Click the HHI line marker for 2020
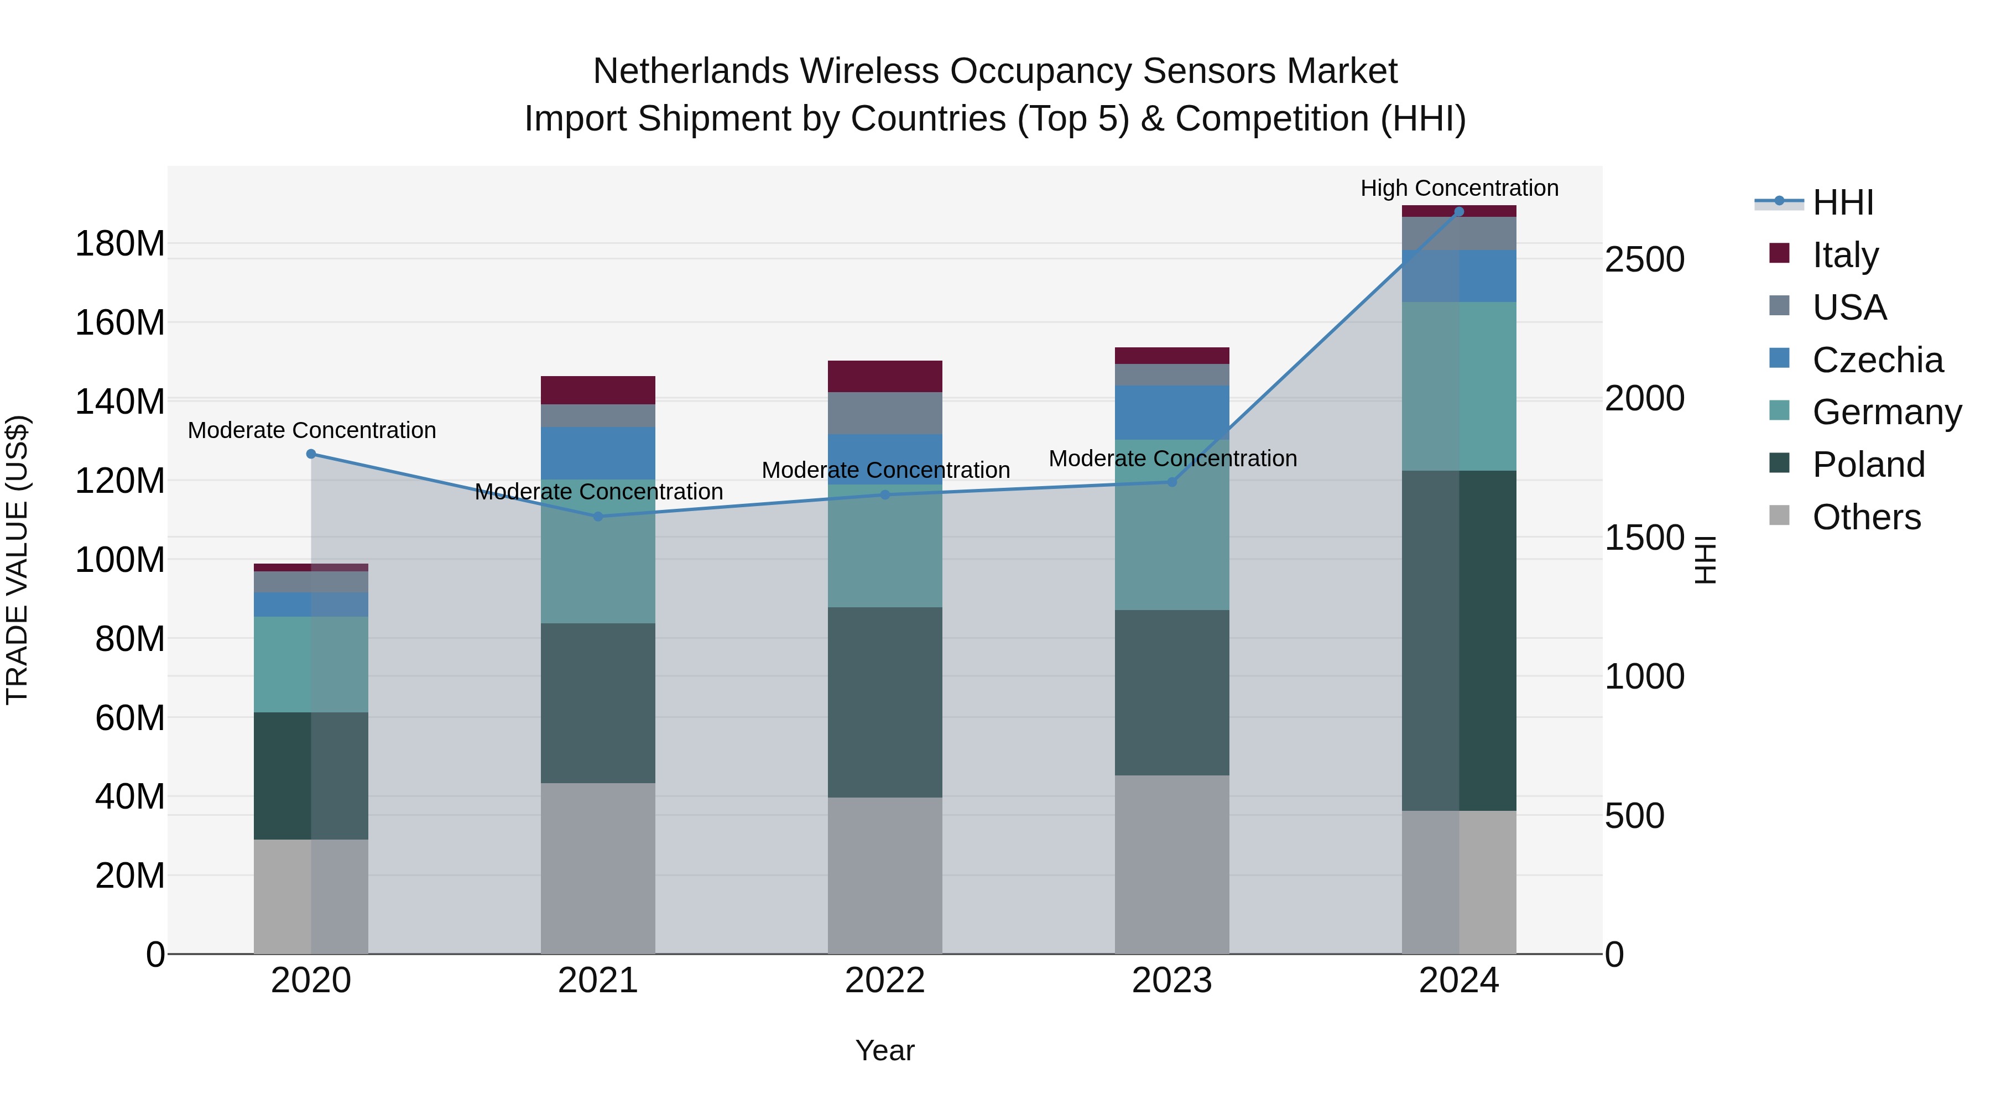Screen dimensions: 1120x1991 click(311, 454)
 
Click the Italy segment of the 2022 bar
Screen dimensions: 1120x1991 click(884, 377)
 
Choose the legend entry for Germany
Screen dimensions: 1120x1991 click(1886, 412)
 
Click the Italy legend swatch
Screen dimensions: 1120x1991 click(1779, 253)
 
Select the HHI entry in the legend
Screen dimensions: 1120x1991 click(1843, 202)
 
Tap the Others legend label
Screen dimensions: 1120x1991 click(1866, 517)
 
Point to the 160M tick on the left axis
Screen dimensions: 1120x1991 click(120, 322)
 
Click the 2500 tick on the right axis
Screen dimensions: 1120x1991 click(1644, 260)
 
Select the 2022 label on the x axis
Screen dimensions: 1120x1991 click(884, 981)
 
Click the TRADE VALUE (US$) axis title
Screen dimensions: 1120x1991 click(17, 560)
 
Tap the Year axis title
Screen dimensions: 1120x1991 click(884, 1050)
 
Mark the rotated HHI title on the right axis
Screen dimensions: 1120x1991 click(1705, 560)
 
